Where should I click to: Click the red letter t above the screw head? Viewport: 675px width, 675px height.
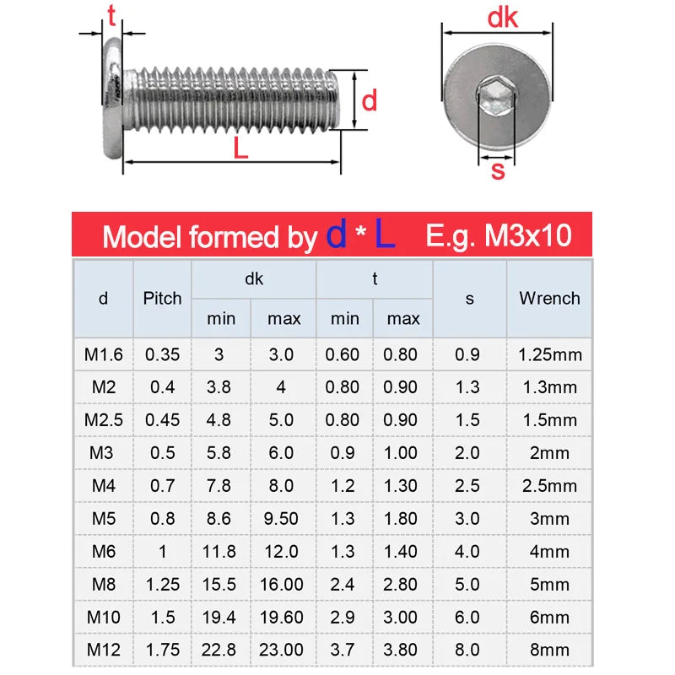110,14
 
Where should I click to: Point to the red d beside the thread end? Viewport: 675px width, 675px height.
369,101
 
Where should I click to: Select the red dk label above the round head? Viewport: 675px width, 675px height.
503,18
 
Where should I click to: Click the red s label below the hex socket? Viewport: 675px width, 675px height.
497,171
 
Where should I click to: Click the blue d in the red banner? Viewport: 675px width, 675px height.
337,235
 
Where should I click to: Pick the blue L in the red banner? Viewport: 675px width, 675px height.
385,235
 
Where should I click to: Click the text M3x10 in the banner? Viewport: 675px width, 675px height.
527,236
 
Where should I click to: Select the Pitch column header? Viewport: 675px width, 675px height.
162,298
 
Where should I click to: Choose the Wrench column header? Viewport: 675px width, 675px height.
549,298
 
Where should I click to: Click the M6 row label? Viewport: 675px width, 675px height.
103,551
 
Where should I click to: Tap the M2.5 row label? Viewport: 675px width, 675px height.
103,420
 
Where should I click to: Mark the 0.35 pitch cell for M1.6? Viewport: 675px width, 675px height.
162,354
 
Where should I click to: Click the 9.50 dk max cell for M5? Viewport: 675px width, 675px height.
281,518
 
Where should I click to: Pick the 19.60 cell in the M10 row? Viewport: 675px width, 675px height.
281,617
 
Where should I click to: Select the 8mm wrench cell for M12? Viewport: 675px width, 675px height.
549,650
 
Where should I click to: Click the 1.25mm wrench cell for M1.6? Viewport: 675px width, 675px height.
549,354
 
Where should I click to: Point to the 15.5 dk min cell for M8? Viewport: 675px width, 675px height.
219,584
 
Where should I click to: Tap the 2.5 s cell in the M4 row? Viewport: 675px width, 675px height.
467,485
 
